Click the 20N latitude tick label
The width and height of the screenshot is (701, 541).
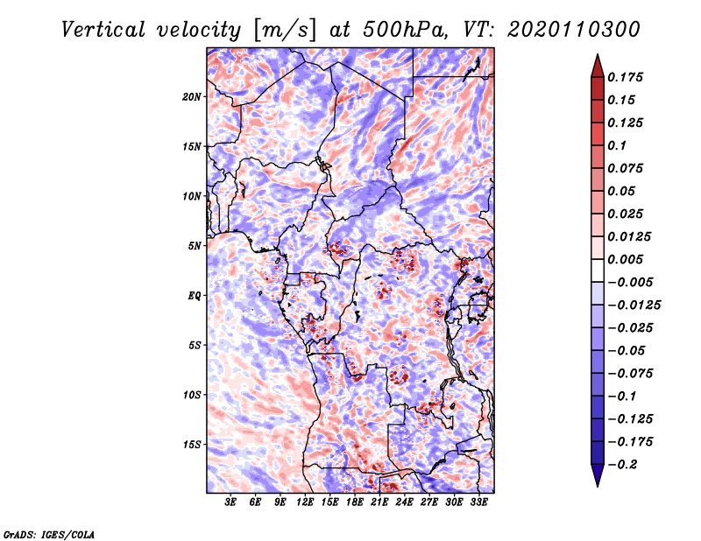[192, 97]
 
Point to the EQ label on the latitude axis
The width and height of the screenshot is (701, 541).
[194, 296]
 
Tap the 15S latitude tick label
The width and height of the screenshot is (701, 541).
[192, 445]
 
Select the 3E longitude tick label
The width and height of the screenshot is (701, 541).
[230, 502]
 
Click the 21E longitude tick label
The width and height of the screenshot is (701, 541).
[379, 502]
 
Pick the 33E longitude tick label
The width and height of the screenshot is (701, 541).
[478, 502]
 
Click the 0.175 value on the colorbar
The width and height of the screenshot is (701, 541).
[625, 77]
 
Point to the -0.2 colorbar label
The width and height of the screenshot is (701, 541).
[622, 465]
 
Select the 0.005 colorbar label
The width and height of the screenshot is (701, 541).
[625, 259]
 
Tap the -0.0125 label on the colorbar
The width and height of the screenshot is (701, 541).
[634, 306]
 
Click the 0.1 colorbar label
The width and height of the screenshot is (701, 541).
[617, 145]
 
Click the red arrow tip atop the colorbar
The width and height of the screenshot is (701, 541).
[598, 55]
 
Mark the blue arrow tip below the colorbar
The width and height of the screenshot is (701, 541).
[598, 486]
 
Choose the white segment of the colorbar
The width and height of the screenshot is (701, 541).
[598, 270]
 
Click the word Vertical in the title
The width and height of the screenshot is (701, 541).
[103, 30]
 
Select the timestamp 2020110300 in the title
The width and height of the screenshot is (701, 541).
[574, 30]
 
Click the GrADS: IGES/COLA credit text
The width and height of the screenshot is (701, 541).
[49, 534]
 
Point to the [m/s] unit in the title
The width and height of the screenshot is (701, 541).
[285, 30]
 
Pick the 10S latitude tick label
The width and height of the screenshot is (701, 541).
[192, 395]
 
